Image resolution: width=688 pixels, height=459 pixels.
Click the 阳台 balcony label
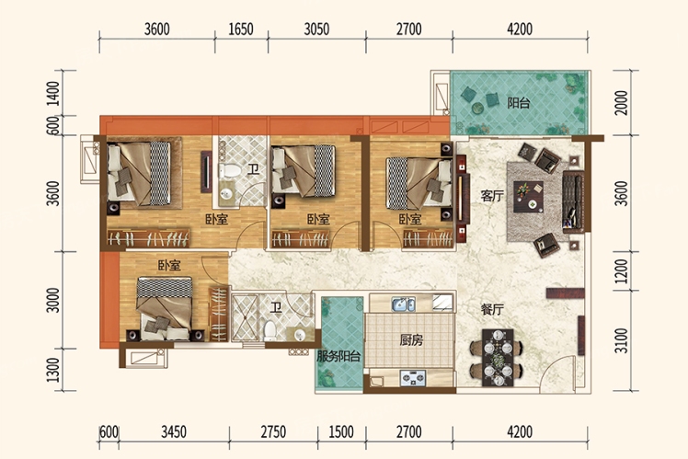click(519, 103)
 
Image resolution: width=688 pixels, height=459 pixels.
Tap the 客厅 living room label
click(492, 196)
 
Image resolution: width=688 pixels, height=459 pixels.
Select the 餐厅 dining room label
click(492, 310)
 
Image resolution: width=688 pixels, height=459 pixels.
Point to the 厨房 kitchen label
click(411, 340)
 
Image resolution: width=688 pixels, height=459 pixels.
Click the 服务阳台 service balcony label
click(338, 356)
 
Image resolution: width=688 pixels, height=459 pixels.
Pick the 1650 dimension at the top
click(241, 29)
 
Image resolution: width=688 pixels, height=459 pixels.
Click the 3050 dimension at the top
click(316, 29)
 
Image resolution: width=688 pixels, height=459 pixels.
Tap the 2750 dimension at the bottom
click(273, 432)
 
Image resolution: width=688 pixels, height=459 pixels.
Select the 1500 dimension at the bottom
click(341, 432)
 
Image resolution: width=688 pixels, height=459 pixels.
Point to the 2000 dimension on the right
click(621, 103)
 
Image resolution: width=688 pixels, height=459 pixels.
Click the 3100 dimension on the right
click(621, 340)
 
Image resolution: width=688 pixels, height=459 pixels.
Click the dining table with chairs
click(497, 358)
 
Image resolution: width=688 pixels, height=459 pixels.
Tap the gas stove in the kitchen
click(413, 378)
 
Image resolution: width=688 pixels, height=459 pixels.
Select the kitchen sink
click(404, 304)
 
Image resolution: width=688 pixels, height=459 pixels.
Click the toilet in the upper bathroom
click(230, 170)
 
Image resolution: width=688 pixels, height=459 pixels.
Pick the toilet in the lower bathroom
click(269, 330)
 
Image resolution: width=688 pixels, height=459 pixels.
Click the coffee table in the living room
click(529, 197)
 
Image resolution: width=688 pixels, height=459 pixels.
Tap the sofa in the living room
click(573, 201)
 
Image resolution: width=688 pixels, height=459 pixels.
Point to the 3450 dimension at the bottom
click(174, 432)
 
